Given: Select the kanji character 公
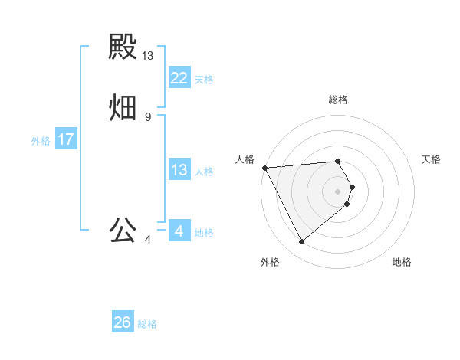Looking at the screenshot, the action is pyautogui.click(x=123, y=230).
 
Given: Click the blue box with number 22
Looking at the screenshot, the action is pyautogui.click(x=179, y=78).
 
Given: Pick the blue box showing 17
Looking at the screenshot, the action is pyautogui.click(x=65, y=140).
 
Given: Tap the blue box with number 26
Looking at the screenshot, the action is pyautogui.click(x=123, y=322).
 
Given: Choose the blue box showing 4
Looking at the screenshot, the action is pyautogui.click(x=179, y=231).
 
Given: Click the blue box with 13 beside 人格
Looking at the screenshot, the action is pyautogui.click(x=179, y=170).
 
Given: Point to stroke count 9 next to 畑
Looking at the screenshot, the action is pyautogui.click(x=148, y=117).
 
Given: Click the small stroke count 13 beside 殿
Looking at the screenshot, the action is pyautogui.click(x=148, y=56).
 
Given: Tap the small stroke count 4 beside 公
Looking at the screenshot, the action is pyautogui.click(x=148, y=240).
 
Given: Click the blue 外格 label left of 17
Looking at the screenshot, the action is pyautogui.click(x=41, y=141).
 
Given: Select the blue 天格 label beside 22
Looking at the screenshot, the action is pyautogui.click(x=204, y=80).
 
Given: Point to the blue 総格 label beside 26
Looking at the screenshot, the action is pyautogui.click(x=148, y=324).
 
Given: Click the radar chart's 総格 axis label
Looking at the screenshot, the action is pyautogui.click(x=338, y=100).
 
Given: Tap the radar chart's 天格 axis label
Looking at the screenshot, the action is pyautogui.click(x=432, y=159).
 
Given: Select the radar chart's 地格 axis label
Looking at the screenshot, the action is pyautogui.click(x=402, y=262).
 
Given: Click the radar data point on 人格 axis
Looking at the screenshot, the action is pyautogui.click(x=264, y=168).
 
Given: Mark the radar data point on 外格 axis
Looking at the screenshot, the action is pyautogui.click(x=301, y=242).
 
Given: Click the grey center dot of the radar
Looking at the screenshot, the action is pyautogui.click(x=338, y=191).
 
